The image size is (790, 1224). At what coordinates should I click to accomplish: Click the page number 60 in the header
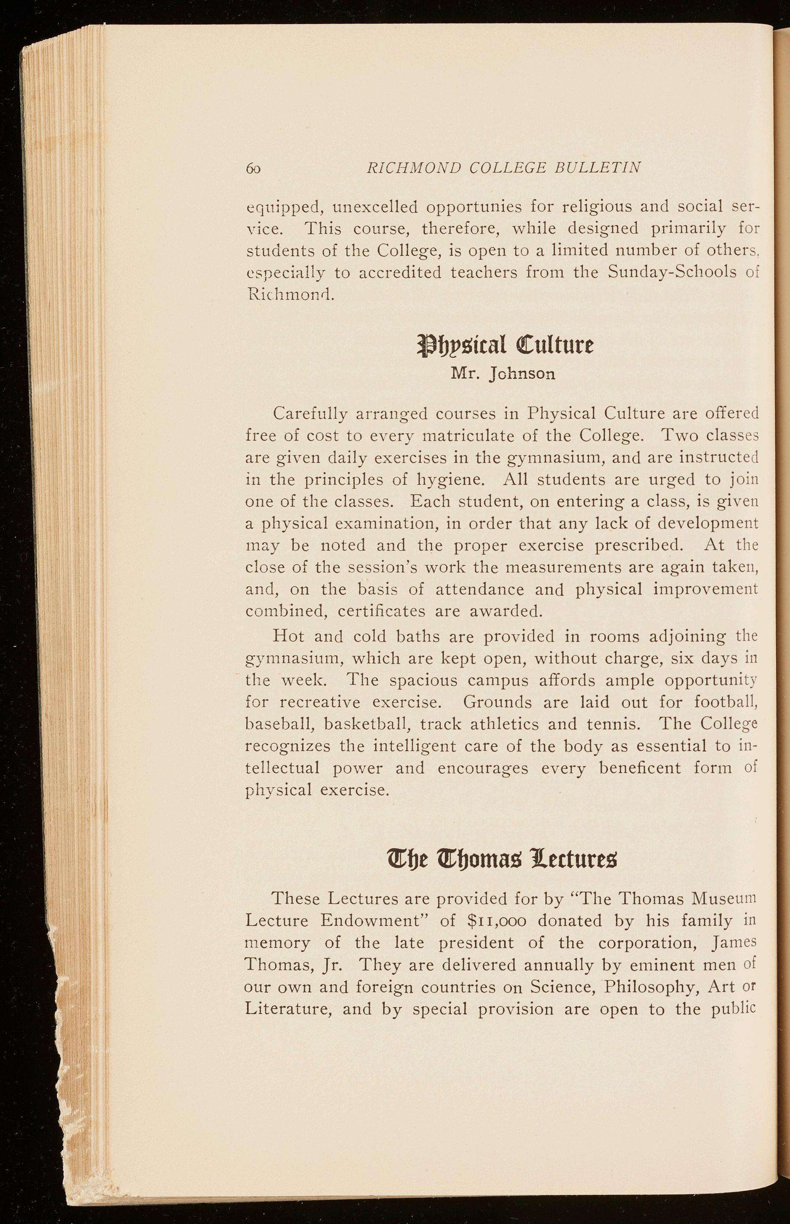pos(255,168)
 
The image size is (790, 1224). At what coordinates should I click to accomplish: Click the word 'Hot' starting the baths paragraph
pos(289,636)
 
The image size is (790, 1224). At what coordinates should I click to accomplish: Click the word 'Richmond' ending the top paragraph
pos(290,294)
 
